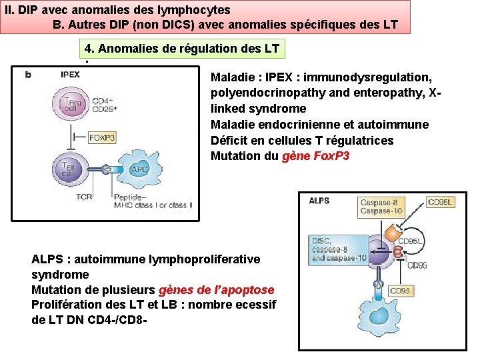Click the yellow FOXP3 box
pos(102,138)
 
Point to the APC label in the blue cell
pos(139,169)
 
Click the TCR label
pos(84,197)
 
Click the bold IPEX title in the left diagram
pos(70,75)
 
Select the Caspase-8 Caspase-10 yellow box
pos(381,207)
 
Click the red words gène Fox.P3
pos(316,157)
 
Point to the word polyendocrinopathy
pos(260,92)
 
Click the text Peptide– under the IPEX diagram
pos(131,197)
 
